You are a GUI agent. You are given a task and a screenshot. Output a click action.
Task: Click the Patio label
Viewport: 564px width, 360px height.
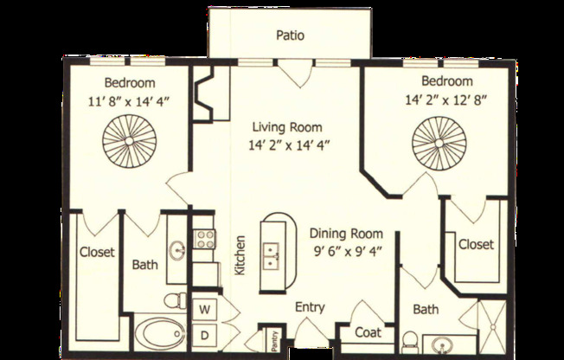pos(290,35)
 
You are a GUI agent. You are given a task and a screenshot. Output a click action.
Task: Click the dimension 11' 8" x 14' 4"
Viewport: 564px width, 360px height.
pos(130,101)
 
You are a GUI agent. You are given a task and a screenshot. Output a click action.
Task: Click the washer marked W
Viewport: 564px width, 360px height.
pos(206,308)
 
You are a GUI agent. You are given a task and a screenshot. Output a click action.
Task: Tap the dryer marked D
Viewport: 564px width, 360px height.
pos(206,333)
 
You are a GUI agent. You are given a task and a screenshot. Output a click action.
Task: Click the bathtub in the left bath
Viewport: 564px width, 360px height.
pos(158,333)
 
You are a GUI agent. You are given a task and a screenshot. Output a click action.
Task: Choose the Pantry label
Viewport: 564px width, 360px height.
pos(272,340)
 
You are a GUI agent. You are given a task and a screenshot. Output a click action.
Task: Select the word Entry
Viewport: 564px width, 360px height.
pos(310,307)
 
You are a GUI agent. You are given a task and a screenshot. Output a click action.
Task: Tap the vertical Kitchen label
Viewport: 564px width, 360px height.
pos(240,255)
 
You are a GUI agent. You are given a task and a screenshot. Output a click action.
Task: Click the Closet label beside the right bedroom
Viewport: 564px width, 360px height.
pos(475,244)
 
